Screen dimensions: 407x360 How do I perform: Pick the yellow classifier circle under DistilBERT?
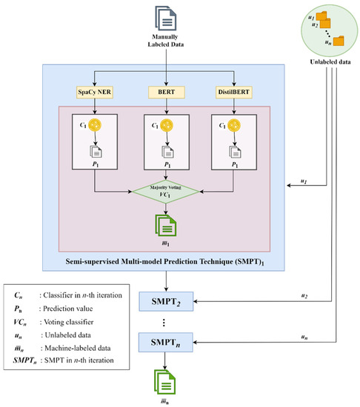[239, 126]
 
